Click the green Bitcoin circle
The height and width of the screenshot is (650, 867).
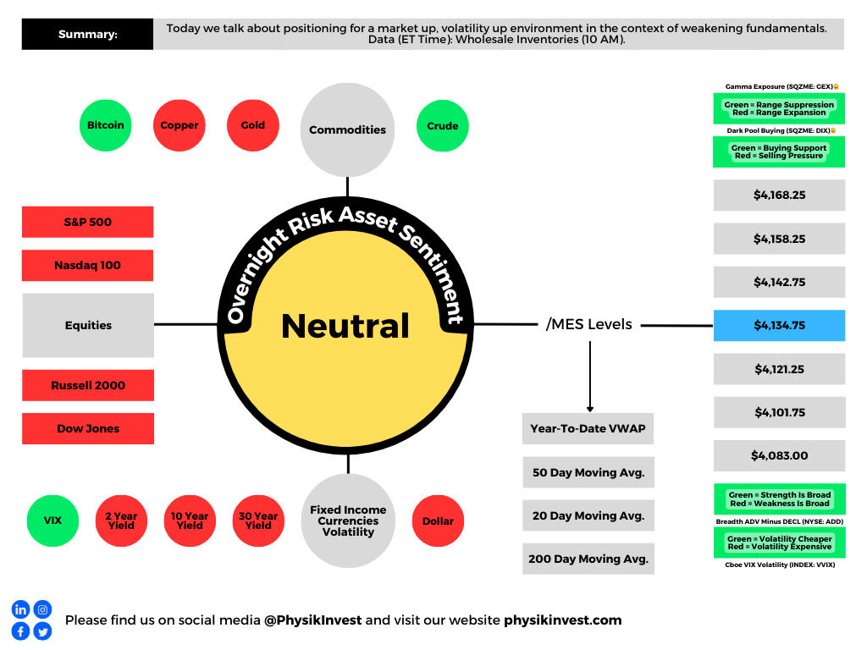point(106,125)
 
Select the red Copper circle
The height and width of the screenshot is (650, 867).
point(179,125)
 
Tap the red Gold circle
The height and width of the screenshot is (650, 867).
point(252,125)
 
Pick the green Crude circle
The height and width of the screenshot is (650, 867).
point(442,125)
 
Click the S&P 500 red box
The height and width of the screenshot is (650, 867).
point(88,223)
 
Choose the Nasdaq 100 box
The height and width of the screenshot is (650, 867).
point(88,265)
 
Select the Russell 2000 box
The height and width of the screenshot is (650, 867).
point(88,385)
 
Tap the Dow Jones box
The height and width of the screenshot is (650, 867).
point(88,428)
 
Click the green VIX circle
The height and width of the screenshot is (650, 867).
point(52,521)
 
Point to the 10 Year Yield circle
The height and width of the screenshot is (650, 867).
point(190,521)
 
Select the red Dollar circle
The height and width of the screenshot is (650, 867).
point(438,521)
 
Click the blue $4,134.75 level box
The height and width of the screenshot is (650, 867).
point(780,326)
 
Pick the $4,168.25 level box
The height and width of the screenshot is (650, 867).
point(780,196)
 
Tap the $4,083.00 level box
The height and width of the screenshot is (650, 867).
point(780,455)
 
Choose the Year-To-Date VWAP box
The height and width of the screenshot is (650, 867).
point(588,428)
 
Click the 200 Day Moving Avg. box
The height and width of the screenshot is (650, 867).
point(588,559)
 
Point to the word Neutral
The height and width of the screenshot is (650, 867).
point(345,326)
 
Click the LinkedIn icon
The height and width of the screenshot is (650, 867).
point(20,609)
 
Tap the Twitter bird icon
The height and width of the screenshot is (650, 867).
point(42,631)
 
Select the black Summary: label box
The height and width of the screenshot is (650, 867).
point(87,34)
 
